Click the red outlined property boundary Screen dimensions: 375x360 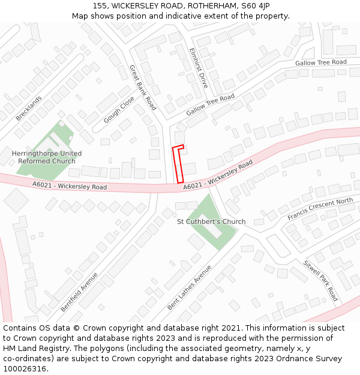[178, 164]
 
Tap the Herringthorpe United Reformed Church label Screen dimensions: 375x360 [47, 157]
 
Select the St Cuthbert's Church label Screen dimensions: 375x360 [211, 221]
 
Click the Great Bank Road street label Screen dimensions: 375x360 [143, 88]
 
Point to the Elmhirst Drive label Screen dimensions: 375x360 [198, 68]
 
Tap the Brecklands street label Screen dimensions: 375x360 [29, 108]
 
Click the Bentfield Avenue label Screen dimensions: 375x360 [79, 292]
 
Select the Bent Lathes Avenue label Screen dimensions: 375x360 [190, 287]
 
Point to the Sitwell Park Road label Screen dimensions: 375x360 [320, 280]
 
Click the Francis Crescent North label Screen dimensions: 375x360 [320, 209]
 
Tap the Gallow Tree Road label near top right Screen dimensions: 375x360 [320, 62]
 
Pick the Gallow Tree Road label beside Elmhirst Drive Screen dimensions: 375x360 [210, 105]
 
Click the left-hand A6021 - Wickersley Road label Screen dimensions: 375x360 [70, 187]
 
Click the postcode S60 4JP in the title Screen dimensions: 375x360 [257, 5]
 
